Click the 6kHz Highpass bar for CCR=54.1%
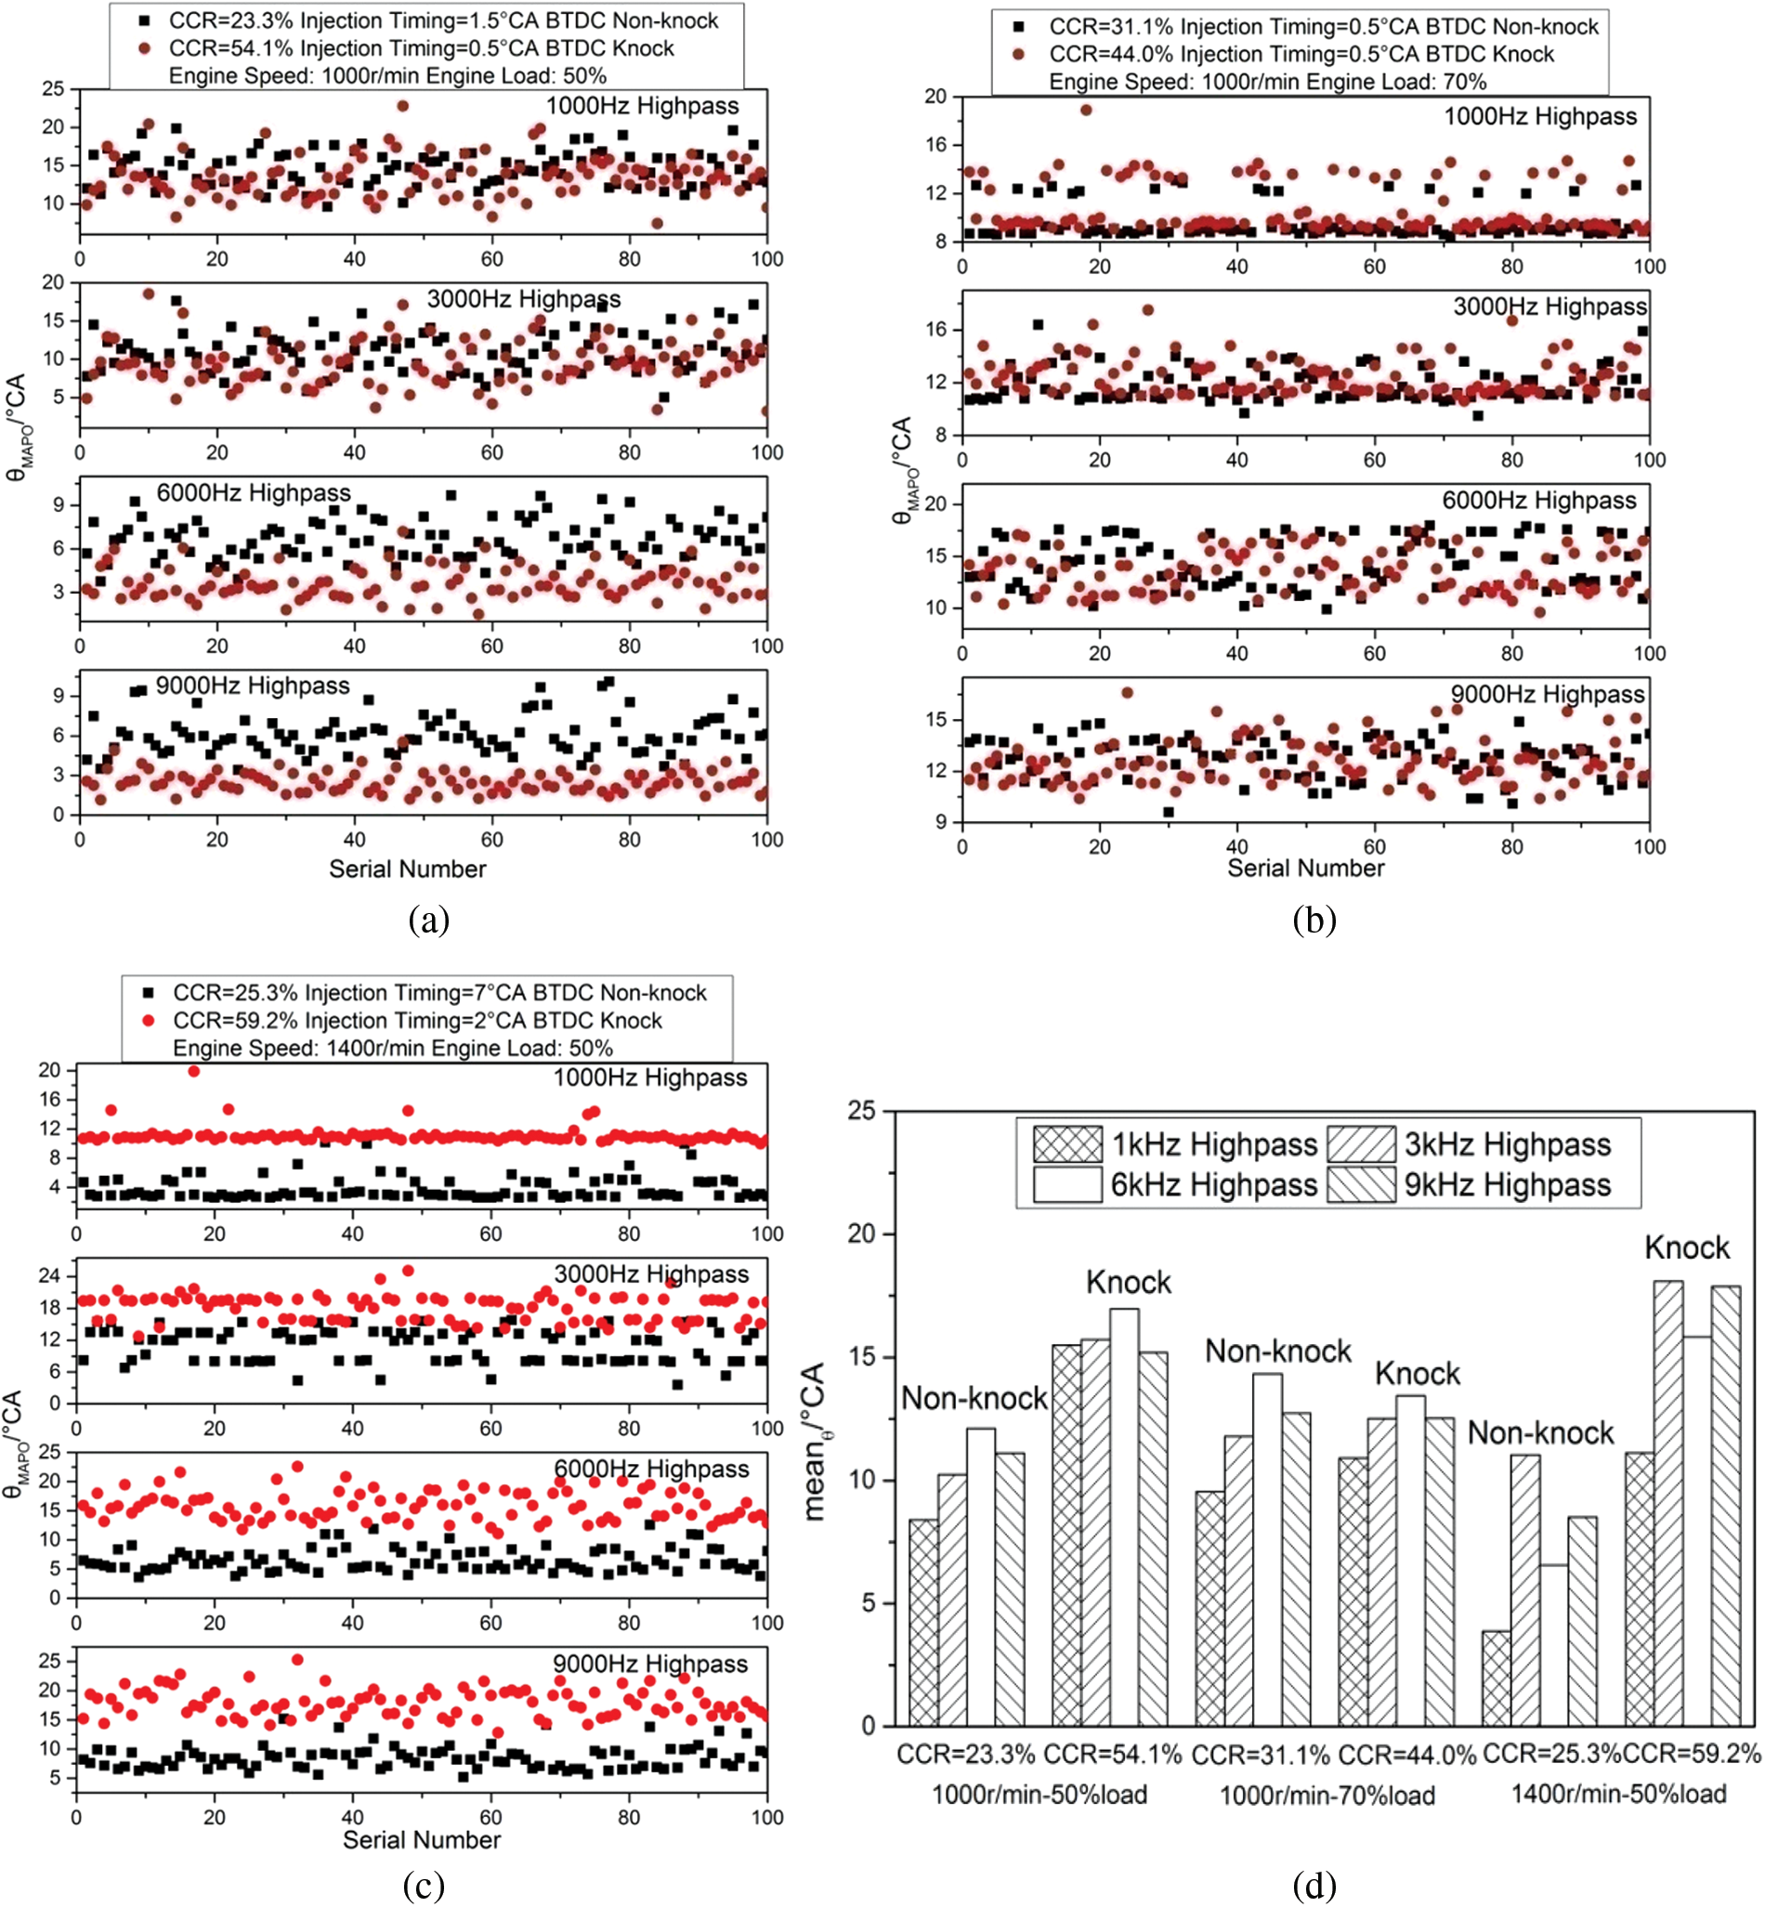pyautogui.click(x=1123, y=1519)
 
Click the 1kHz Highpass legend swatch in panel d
pyautogui.click(x=1066, y=1143)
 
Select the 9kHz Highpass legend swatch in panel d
pyautogui.click(x=1361, y=1184)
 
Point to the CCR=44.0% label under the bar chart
pyautogui.click(x=1406, y=1755)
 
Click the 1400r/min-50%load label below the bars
pyautogui.click(x=1618, y=1794)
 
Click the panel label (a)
pyautogui.click(x=428, y=920)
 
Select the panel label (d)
pyautogui.click(x=1314, y=1885)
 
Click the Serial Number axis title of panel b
pyautogui.click(x=1304, y=868)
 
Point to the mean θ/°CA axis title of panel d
pyautogui.click(x=815, y=1442)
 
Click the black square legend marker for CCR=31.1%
pyautogui.click(x=1018, y=27)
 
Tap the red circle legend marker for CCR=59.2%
pyautogui.click(x=148, y=1020)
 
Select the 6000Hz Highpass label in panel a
pyautogui.click(x=253, y=492)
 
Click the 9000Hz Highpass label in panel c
pyautogui.click(x=649, y=1664)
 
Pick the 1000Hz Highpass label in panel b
pyautogui.click(x=1539, y=116)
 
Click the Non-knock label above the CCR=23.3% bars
pyautogui.click(x=974, y=1399)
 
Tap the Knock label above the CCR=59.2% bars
pyautogui.click(x=1687, y=1248)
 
